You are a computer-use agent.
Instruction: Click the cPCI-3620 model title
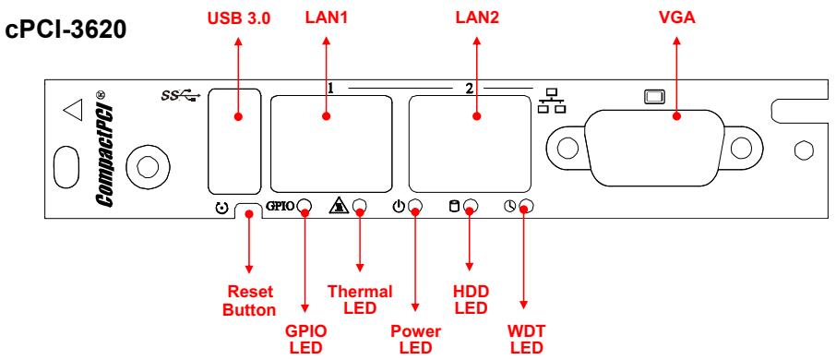point(66,30)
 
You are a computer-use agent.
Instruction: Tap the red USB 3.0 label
point(238,18)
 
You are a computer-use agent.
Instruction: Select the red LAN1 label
point(327,18)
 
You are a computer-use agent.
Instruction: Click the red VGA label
point(677,18)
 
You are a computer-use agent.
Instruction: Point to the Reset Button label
point(249,301)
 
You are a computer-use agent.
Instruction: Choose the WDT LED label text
point(527,340)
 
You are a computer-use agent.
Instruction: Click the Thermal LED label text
point(360,300)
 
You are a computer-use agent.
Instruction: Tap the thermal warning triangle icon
point(338,205)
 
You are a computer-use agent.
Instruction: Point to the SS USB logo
point(181,95)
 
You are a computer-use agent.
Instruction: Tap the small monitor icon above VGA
point(655,97)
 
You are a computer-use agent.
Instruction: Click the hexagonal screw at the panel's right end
point(804,150)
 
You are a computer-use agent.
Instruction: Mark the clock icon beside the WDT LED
point(509,206)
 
